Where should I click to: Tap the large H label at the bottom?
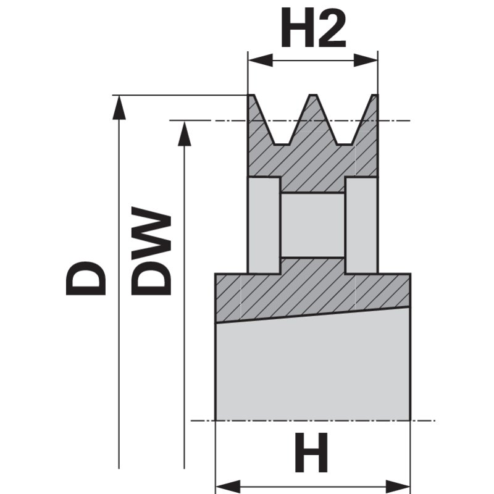[x=311, y=453]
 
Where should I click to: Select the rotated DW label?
[x=151, y=251]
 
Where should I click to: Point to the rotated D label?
[x=85, y=278]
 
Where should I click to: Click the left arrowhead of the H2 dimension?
[x=260, y=60]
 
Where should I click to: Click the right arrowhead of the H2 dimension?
[x=366, y=60]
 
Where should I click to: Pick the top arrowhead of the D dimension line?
[x=119, y=107]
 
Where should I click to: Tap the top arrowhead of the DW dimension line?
[x=184, y=134]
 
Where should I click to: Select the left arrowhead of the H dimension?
[x=227, y=487]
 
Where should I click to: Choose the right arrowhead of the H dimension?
[x=398, y=487]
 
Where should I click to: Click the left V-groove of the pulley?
[x=282, y=120]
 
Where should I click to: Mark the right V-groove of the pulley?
[x=344, y=120]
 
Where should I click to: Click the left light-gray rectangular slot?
[x=264, y=225]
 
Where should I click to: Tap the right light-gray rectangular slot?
[x=361, y=225]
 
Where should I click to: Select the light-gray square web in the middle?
[x=312, y=225]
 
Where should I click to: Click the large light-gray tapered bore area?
[x=313, y=366]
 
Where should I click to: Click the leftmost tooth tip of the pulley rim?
[x=251, y=95]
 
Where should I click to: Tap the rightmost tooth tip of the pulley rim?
[x=375, y=95]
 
